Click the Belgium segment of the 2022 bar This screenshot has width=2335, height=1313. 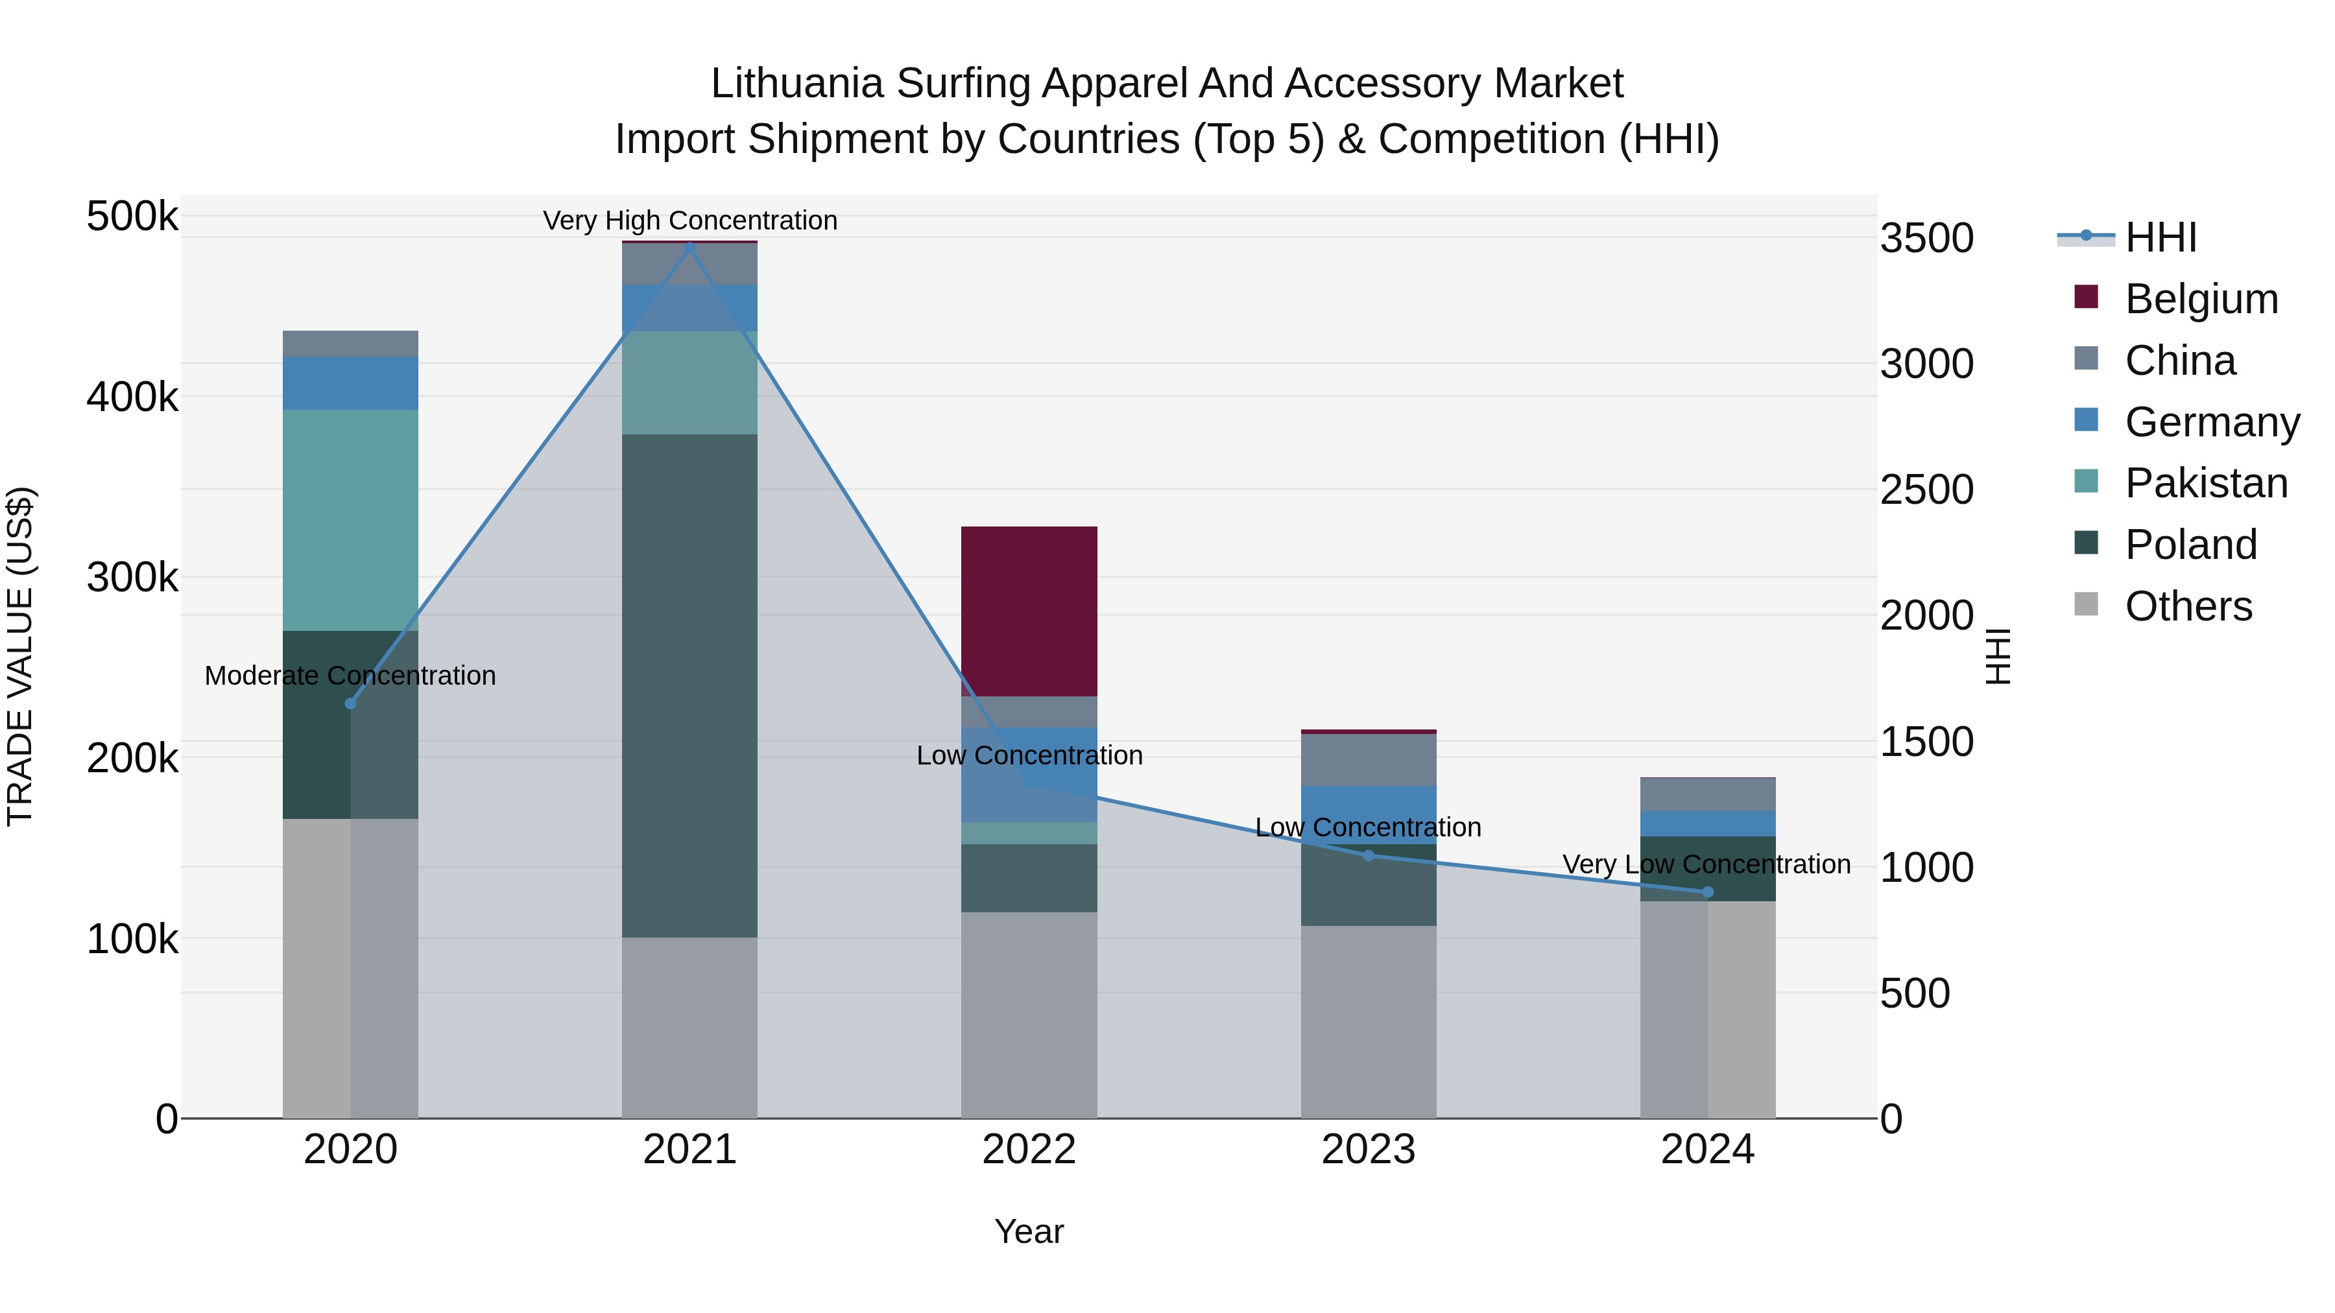(x=1029, y=611)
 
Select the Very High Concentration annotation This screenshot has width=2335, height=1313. (x=690, y=220)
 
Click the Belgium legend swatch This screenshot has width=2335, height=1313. (x=2086, y=297)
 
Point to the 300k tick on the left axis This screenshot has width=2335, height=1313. (x=132, y=577)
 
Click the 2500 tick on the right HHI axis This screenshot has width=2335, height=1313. (x=1926, y=490)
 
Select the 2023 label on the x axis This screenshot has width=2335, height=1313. (x=1368, y=1150)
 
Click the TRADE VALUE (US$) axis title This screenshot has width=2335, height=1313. (x=20, y=656)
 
